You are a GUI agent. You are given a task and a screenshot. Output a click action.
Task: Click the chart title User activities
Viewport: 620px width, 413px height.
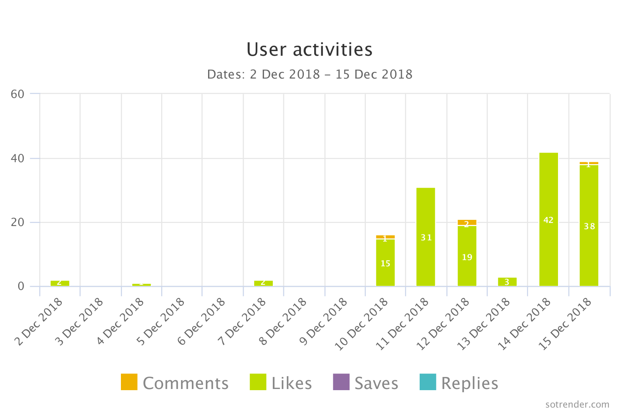click(x=309, y=50)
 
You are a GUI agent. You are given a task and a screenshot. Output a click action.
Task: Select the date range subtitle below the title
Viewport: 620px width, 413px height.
click(x=310, y=74)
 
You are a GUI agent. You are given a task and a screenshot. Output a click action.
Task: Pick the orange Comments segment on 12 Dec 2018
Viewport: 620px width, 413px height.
click(x=467, y=223)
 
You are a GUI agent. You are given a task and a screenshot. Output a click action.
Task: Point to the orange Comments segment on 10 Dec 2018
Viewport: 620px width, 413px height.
click(x=385, y=237)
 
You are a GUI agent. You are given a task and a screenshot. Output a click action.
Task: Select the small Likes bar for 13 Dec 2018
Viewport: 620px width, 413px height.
click(x=507, y=282)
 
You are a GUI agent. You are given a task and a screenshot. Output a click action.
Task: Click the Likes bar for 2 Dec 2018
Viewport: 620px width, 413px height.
click(x=60, y=283)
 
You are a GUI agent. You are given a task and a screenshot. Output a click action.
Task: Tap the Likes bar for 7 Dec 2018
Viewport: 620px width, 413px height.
click(x=263, y=283)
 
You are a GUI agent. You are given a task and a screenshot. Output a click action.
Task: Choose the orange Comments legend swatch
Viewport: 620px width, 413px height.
click(x=129, y=382)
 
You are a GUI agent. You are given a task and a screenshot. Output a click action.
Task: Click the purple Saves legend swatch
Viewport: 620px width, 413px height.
click(x=341, y=382)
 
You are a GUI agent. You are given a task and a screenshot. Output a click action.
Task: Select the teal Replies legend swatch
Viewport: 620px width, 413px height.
click(x=428, y=382)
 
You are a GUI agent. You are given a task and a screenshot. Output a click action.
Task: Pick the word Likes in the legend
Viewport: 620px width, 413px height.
click(x=291, y=383)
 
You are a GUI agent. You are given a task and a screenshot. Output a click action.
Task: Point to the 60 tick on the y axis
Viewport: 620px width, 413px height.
click(x=17, y=94)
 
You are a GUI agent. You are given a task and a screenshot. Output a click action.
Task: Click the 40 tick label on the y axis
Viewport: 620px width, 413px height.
click(x=17, y=158)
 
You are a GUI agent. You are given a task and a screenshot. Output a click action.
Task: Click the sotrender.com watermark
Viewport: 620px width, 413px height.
click(x=577, y=404)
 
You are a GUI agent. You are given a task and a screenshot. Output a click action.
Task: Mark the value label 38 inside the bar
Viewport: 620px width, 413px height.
click(x=589, y=226)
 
